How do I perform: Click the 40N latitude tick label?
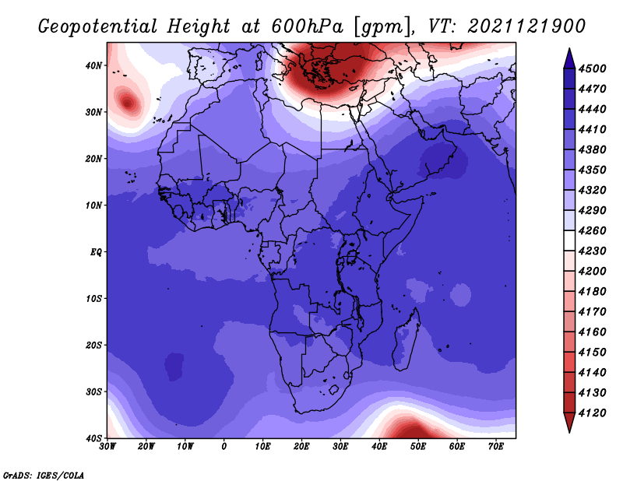[x=93, y=65]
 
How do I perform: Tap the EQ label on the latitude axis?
[x=96, y=252]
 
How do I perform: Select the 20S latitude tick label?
[x=93, y=345]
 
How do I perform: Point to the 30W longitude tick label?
[x=107, y=447]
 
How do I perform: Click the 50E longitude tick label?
[x=418, y=447]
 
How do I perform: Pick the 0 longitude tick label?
[x=224, y=447]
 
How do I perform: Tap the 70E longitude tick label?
[x=495, y=447]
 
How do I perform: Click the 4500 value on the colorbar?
[x=593, y=68]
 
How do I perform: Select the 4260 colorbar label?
[x=593, y=230]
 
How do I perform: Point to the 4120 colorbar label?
[x=593, y=413]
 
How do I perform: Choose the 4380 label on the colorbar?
[x=593, y=149]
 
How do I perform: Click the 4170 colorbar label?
[x=593, y=312]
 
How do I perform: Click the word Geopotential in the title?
[x=98, y=27]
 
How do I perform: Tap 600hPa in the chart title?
[x=308, y=26]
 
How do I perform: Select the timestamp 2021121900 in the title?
[x=526, y=26]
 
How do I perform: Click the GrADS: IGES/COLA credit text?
[x=44, y=475]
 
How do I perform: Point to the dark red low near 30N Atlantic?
[x=128, y=104]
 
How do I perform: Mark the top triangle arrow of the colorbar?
[x=569, y=58]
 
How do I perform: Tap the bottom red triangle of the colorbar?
[x=569, y=422]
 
